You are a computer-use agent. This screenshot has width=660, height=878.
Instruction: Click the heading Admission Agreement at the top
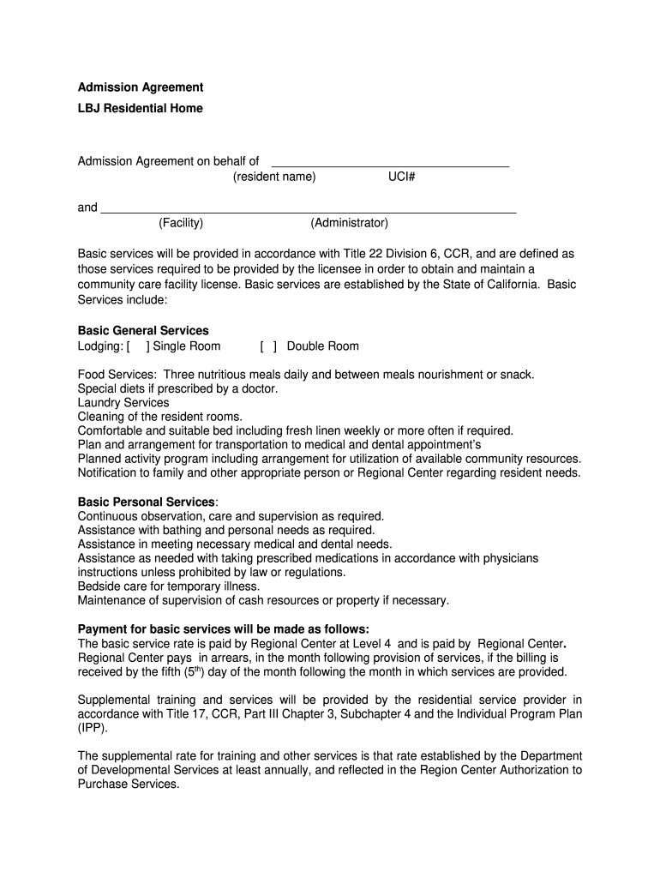141,87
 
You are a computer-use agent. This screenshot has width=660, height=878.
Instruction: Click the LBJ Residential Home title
141,109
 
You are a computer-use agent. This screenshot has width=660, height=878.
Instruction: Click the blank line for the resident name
390,163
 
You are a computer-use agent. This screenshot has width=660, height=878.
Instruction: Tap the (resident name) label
274,177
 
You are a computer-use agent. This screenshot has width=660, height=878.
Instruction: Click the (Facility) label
181,224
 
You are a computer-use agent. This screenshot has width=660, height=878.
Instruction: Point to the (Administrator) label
350,224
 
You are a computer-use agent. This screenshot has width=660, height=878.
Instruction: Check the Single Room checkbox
138,346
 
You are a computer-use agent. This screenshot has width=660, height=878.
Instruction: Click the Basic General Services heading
143,331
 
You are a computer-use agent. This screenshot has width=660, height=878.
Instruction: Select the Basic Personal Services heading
147,502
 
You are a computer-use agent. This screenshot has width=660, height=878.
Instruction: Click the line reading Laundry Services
123,403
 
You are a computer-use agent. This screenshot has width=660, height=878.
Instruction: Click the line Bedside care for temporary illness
169,586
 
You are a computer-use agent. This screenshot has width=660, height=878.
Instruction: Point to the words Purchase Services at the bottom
128,784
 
